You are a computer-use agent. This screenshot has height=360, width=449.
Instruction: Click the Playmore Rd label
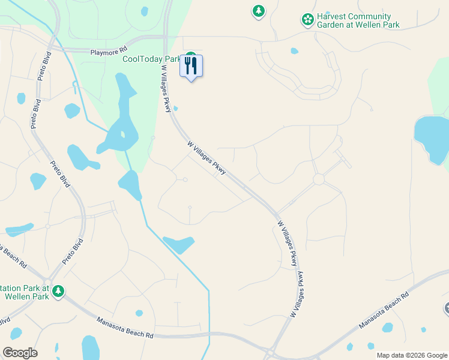coord(109,52)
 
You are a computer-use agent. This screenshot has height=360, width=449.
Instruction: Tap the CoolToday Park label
coord(151,59)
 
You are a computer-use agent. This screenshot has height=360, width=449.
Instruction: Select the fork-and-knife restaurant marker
coord(191,66)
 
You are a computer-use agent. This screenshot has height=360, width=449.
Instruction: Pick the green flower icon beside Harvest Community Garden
coord(307,20)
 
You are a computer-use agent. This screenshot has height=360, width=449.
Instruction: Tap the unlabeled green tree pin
coord(259,11)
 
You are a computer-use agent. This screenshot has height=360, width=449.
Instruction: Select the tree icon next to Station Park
coord(58,292)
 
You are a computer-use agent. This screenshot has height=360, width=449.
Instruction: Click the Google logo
coord(19,353)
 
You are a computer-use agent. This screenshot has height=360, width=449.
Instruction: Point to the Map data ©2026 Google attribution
coord(411,355)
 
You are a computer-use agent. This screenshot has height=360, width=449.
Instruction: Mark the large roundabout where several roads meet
coord(318,179)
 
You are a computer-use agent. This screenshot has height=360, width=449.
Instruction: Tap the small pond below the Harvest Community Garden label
coord(294,51)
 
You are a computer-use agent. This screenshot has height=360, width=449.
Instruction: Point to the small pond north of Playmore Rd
coord(145,11)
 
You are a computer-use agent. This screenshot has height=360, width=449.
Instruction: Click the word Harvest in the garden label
coord(334,17)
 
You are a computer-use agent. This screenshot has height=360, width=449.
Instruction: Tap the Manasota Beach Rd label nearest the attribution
coord(384,310)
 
